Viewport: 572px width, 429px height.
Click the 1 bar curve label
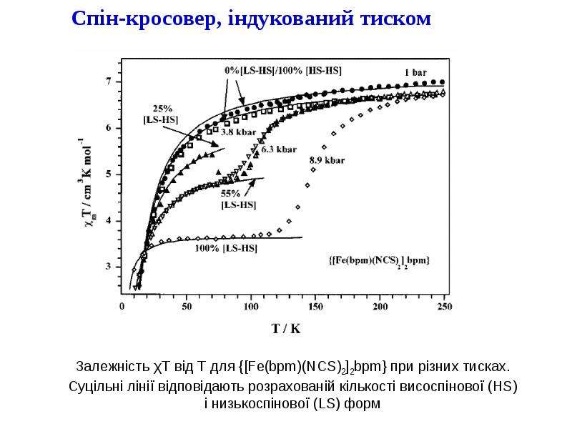(415, 73)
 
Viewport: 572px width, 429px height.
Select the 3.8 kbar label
(239, 132)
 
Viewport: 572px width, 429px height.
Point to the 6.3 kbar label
(279, 149)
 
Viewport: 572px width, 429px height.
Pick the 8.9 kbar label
(327, 160)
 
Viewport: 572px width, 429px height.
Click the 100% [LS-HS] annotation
(226, 248)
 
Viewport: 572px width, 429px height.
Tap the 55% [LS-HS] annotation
(239, 199)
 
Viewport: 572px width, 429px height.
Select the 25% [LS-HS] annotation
(161, 114)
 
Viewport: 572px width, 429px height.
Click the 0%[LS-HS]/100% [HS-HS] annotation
(283, 70)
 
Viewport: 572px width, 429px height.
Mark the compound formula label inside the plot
(379, 260)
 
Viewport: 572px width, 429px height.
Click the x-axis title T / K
(287, 329)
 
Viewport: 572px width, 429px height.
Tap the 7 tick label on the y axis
(109, 82)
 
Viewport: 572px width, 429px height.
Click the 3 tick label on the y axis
(109, 266)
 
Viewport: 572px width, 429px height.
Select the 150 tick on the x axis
(315, 307)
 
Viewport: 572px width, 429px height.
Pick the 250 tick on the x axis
(444, 307)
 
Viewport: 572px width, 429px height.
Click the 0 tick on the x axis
(122, 307)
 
